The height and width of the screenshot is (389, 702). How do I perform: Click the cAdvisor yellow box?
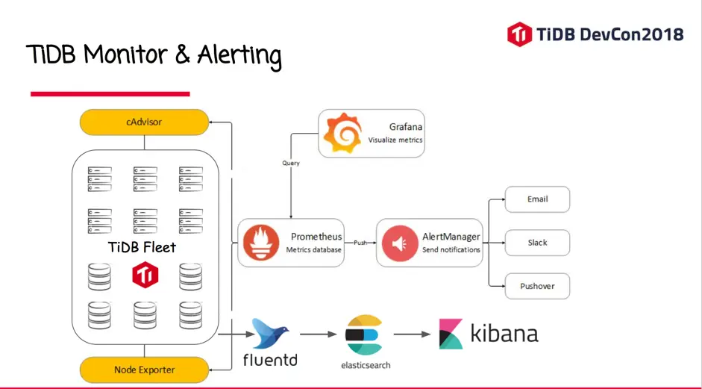click(x=144, y=122)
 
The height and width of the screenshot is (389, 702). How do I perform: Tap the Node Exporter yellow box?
click(x=144, y=370)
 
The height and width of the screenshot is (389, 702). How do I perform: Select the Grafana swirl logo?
click(x=343, y=134)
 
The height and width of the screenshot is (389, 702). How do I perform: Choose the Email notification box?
click(x=537, y=199)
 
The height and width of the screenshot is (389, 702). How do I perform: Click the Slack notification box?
click(x=537, y=243)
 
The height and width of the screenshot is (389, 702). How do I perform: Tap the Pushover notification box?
click(x=537, y=286)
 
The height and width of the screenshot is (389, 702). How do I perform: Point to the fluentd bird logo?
click(x=269, y=334)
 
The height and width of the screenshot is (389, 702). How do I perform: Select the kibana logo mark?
click(x=451, y=334)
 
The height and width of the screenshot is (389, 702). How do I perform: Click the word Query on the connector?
click(x=291, y=163)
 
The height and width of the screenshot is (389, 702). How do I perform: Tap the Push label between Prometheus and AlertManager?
click(x=360, y=243)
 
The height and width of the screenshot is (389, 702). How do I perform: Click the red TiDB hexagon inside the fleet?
click(x=145, y=276)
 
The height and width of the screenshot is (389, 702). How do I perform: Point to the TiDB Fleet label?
click(x=142, y=247)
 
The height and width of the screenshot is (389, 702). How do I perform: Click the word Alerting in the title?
click(x=239, y=55)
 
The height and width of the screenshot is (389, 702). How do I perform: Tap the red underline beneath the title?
click(x=110, y=94)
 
